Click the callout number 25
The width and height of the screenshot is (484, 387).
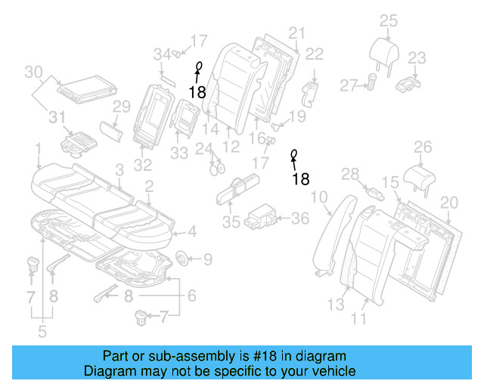[x=388, y=20]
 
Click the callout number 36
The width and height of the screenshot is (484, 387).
[x=300, y=218]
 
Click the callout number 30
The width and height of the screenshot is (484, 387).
[x=33, y=73]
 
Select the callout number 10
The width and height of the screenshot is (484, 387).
[x=319, y=197]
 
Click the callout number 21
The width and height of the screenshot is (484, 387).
[x=296, y=33]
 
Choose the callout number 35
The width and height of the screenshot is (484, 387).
[x=231, y=221]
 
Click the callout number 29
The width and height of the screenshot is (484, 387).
[x=122, y=107]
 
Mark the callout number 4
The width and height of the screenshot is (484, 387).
[x=192, y=232]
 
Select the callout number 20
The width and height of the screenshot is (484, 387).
[x=449, y=202]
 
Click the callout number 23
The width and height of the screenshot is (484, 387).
[x=417, y=57]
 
